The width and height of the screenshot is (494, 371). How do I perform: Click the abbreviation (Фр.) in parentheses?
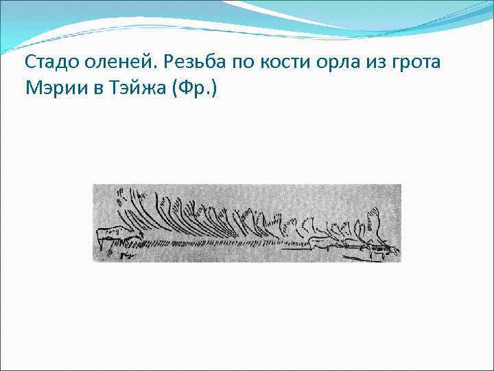[x=196, y=89]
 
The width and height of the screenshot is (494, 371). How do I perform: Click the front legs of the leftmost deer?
[x=104, y=244]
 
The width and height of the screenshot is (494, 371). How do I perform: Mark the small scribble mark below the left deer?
[x=127, y=256]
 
